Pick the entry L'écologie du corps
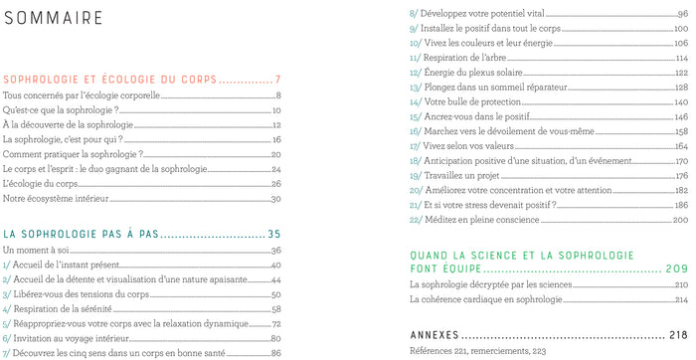point(41,184)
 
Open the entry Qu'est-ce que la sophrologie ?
point(61,110)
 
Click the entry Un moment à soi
point(33,251)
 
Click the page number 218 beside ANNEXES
point(679,334)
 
